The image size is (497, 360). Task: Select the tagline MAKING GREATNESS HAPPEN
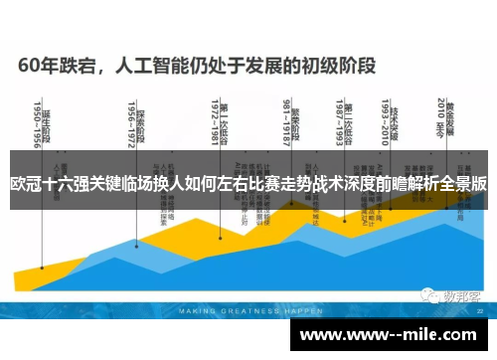(236, 310)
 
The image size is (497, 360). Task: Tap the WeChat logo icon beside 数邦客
(428, 295)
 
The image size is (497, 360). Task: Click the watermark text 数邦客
(460, 295)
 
